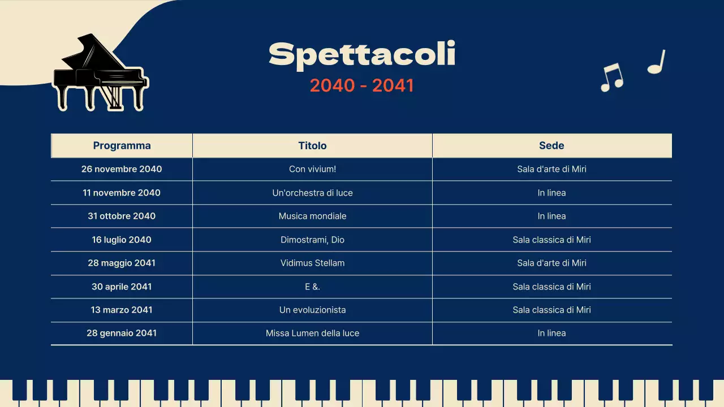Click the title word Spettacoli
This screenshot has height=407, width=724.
tap(362, 55)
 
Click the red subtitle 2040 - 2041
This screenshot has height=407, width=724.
tap(362, 85)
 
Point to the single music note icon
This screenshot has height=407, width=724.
tap(657, 62)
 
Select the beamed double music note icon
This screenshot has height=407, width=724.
tap(611, 77)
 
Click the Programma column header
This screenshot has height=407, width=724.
tap(122, 145)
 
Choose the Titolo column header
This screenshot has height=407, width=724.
tap(312, 145)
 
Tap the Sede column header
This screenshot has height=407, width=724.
tap(551, 145)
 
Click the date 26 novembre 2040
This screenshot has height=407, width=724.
tap(122, 169)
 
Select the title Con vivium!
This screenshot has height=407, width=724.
tap(312, 169)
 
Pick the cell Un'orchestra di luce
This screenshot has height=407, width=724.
tap(312, 193)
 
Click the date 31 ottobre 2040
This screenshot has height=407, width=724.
tap(122, 216)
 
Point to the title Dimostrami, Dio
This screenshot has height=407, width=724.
tap(312, 240)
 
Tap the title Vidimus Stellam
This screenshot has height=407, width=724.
tap(312, 263)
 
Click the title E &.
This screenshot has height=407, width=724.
tap(312, 287)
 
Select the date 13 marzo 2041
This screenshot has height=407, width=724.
tap(122, 310)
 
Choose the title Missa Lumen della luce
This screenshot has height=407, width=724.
tap(312, 333)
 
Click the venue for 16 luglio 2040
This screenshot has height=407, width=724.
tap(551, 240)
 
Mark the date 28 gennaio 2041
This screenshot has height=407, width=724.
tap(122, 333)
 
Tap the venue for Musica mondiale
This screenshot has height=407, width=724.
tap(551, 216)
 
